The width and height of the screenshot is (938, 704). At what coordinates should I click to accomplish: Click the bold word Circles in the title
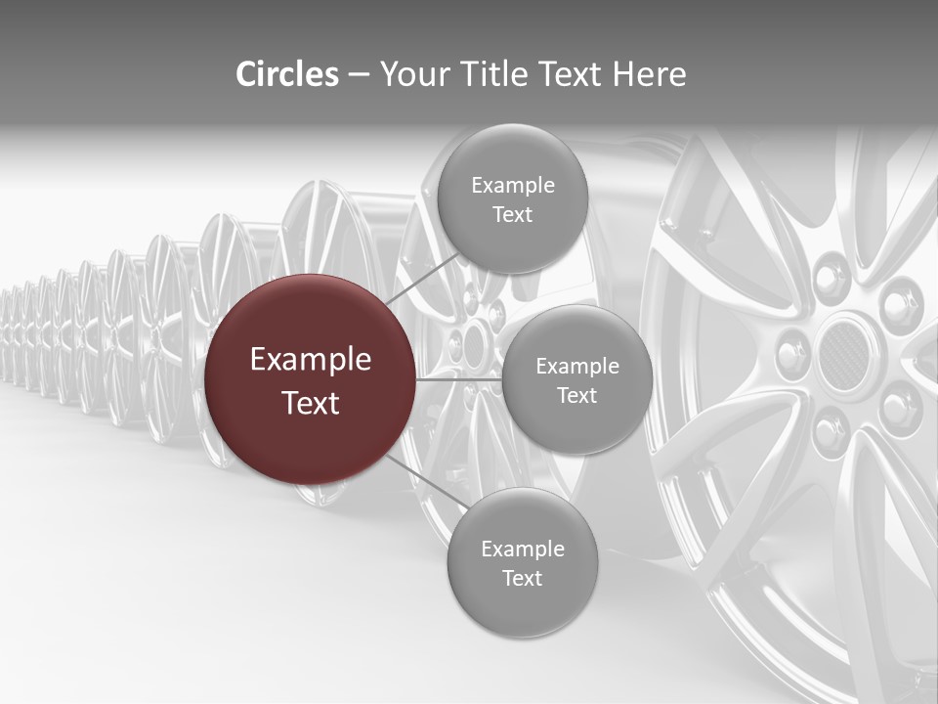(x=287, y=74)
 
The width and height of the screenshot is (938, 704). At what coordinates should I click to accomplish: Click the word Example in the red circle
(x=310, y=360)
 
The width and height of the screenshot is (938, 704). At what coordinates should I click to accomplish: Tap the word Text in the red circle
(x=310, y=403)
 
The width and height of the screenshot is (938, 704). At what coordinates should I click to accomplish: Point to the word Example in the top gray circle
(x=512, y=185)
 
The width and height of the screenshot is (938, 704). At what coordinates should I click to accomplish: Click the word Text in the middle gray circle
(x=576, y=395)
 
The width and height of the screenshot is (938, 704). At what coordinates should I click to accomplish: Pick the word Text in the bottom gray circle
(x=522, y=578)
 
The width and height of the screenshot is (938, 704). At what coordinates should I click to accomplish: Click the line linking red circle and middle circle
(x=458, y=378)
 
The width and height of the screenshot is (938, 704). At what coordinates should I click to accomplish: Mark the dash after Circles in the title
(x=358, y=75)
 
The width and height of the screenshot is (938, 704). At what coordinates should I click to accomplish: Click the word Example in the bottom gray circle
(x=522, y=549)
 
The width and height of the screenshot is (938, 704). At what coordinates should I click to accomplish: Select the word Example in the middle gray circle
(x=576, y=366)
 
